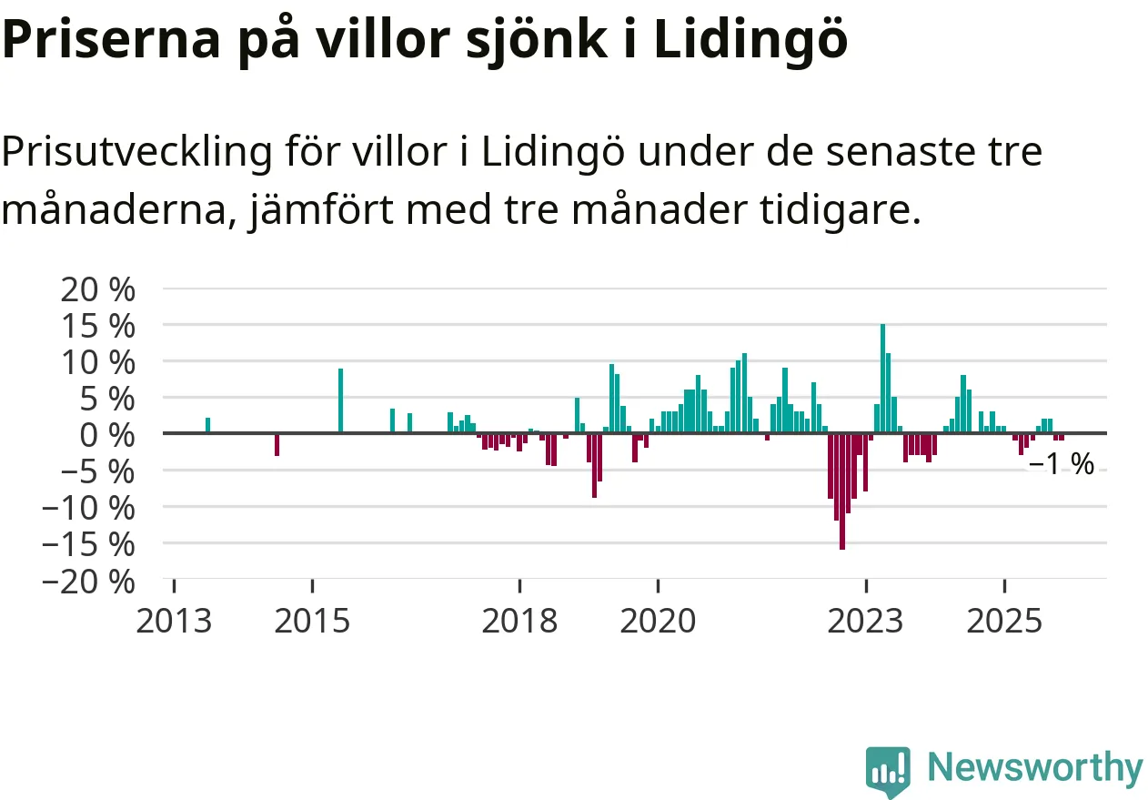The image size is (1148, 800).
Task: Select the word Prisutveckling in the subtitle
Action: click(x=136, y=152)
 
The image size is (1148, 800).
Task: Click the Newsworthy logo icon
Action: click(x=887, y=771)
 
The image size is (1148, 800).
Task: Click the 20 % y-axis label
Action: click(x=96, y=289)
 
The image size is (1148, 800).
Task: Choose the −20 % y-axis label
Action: click(x=87, y=580)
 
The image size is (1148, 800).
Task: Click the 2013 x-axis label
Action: click(x=174, y=622)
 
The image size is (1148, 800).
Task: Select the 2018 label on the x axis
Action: click(x=519, y=622)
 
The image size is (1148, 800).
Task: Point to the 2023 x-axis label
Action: click(x=866, y=622)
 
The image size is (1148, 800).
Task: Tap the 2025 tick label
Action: click(x=1004, y=622)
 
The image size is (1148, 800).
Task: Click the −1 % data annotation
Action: click(x=1061, y=465)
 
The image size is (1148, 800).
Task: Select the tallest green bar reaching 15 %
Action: click(x=882, y=379)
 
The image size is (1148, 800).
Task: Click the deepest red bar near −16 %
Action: click(x=842, y=491)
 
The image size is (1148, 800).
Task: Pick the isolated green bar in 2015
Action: click(x=340, y=401)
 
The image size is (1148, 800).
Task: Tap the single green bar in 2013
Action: click(x=207, y=426)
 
